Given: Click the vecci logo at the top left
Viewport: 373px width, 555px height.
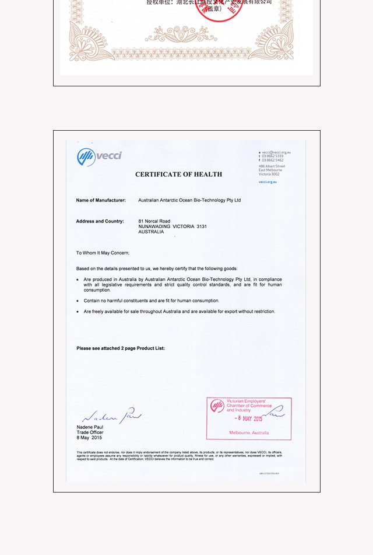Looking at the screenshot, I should click(x=99, y=156).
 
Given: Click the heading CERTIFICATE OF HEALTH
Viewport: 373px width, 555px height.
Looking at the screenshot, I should click(x=178, y=174).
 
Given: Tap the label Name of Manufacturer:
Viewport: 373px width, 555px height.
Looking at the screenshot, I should click(x=101, y=200).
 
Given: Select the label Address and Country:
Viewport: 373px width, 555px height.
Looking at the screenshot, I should click(x=100, y=221).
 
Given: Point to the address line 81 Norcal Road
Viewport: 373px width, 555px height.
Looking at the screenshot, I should click(x=154, y=221).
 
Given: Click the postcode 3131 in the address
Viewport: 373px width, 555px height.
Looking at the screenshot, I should click(x=201, y=226).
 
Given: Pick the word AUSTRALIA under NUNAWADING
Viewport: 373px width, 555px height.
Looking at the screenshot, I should click(x=151, y=232).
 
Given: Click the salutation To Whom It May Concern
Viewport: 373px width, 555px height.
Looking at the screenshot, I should click(x=103, y=253).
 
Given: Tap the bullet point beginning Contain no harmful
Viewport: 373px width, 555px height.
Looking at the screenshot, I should click(x=152, y=301).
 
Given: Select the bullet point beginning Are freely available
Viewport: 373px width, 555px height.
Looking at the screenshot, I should click(x=179, y=312).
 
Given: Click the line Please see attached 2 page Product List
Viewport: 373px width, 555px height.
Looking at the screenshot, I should click(x=121, y=348).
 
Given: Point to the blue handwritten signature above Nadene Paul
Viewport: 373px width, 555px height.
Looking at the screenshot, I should click(x=111, y=416).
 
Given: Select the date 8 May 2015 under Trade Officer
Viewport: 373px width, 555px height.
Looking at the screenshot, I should click(x=89, y=438).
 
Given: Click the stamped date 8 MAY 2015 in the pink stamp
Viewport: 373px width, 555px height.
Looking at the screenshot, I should click(x=249, y=418).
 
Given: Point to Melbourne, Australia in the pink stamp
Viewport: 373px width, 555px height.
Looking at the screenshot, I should click(x=249, y=433).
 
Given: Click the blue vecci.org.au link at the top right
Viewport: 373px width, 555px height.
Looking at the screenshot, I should click(x=268, y=181).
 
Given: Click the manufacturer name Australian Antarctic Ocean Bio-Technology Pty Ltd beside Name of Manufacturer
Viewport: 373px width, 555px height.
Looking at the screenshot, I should click(x=189, y=200).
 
